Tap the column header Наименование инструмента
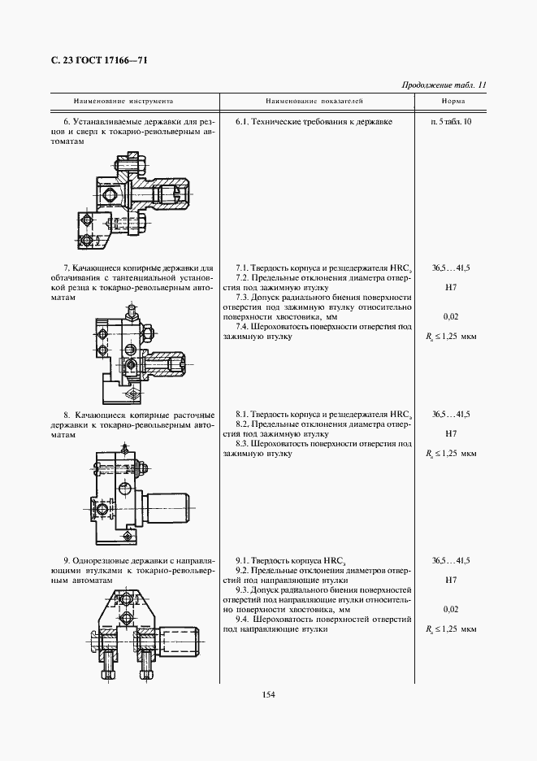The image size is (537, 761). click(123, 102)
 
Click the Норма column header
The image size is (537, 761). click(453, 102)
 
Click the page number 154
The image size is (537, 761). click(269, 693)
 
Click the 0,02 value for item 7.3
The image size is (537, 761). click(451, 316)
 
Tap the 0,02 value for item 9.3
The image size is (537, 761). click(451, 609)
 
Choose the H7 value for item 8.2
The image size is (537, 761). click(452, 433)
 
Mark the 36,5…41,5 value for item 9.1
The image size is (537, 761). click(452, 561)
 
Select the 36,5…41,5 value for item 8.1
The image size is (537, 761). click(452, 414)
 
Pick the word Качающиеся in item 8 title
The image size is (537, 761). click(98, 414)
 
